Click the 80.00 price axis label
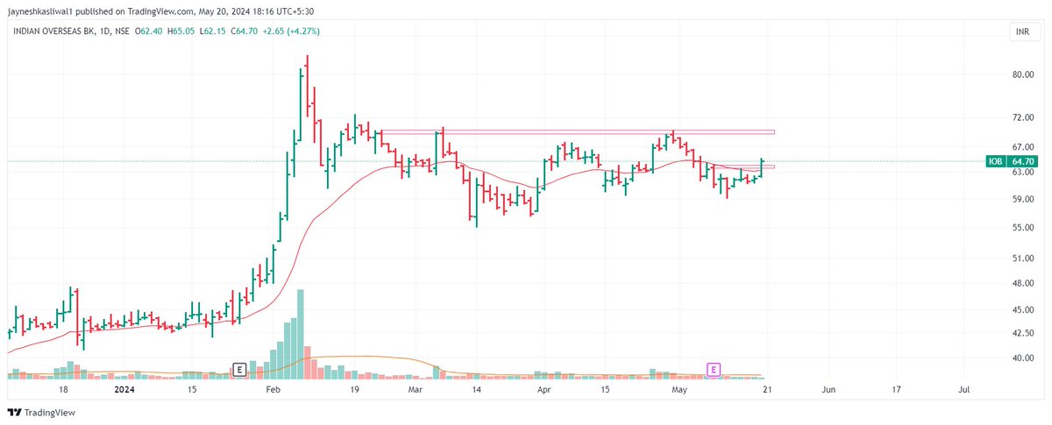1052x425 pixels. click(1023, 74)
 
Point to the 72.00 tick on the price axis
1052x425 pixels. click(1023, 117)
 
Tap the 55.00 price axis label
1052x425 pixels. click(1023, 228)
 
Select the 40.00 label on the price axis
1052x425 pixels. click(1023, 358)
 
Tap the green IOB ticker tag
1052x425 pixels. click(995, 161)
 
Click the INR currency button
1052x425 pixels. click(1021, 32)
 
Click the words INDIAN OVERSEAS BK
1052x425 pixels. click(48, 32)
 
